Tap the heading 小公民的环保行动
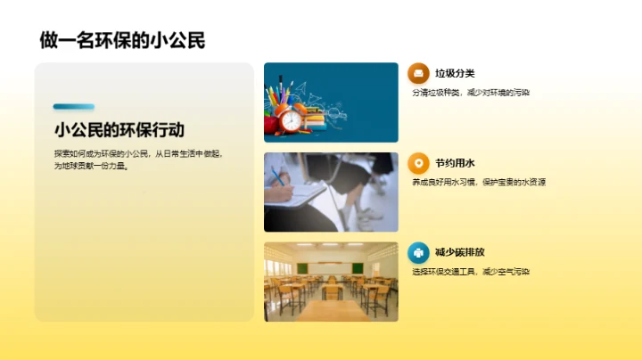(x=119, y=129)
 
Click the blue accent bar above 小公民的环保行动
(x=73, y=107)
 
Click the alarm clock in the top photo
(x=290, y=119)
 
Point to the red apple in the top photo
(x=271, y=125)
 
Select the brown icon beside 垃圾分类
(x=417, y=73)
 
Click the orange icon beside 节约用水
(x=417, y=163)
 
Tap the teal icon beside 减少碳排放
(x=417, y=252)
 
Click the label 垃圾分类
(x=455, y=73)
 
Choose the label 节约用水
(x=455, y=163)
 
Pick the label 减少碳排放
(x=460, y=252)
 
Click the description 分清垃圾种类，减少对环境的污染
(x=471, y=93)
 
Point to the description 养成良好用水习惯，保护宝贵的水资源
(x=478, y=182)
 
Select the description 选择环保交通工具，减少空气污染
(x=471, y=272)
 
